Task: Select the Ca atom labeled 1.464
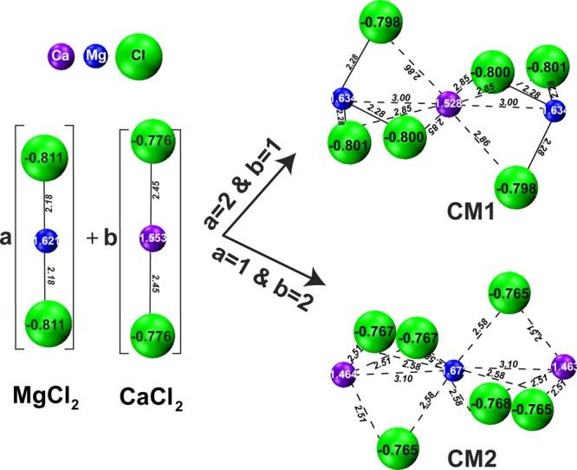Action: click(340, 375)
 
